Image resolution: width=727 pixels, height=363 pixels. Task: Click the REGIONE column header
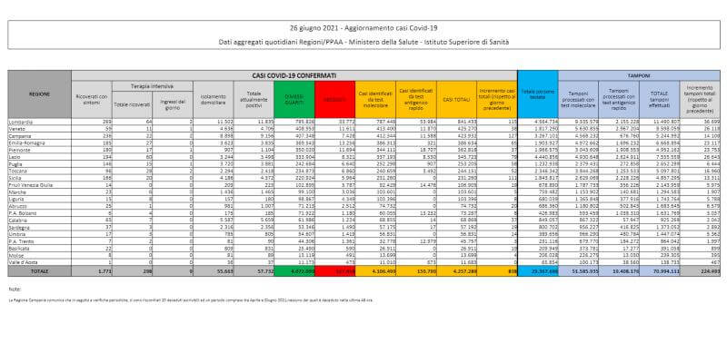tap(39, 94)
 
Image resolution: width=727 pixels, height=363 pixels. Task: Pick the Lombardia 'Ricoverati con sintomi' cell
tap(106, 121)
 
